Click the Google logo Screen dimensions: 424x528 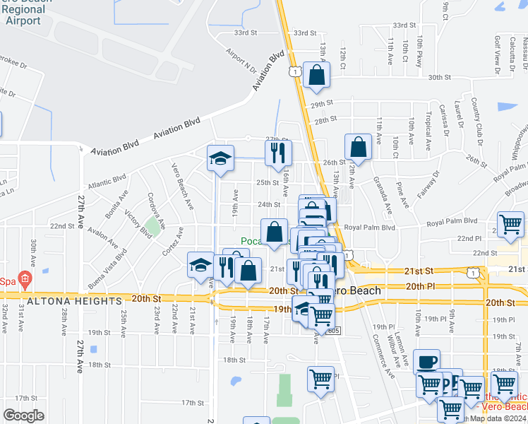[x=23, y=416]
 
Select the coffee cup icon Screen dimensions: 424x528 [x=426, y=363]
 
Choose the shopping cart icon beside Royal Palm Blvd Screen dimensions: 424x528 [x=510, y=224]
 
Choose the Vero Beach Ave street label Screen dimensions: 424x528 [x=183, y=186]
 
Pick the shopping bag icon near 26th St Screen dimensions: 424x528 [x=359, y=147]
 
